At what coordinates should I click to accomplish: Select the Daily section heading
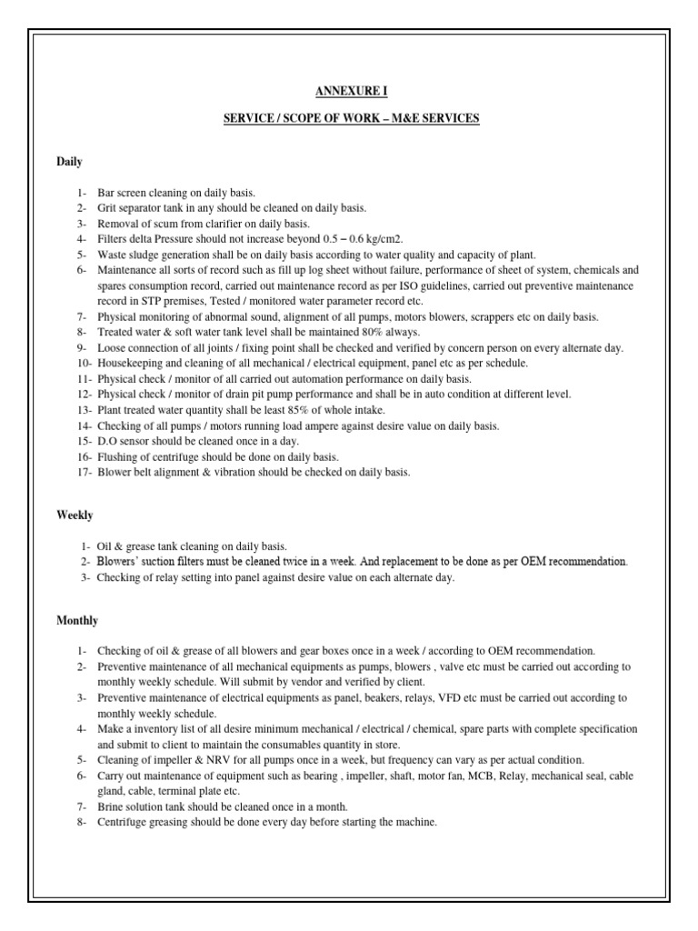[70, 162]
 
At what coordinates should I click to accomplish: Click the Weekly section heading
[75, 516]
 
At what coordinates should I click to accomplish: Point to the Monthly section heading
[77, 620]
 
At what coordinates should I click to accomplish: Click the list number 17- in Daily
[85, 472]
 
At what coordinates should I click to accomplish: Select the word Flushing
[118, 456]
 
